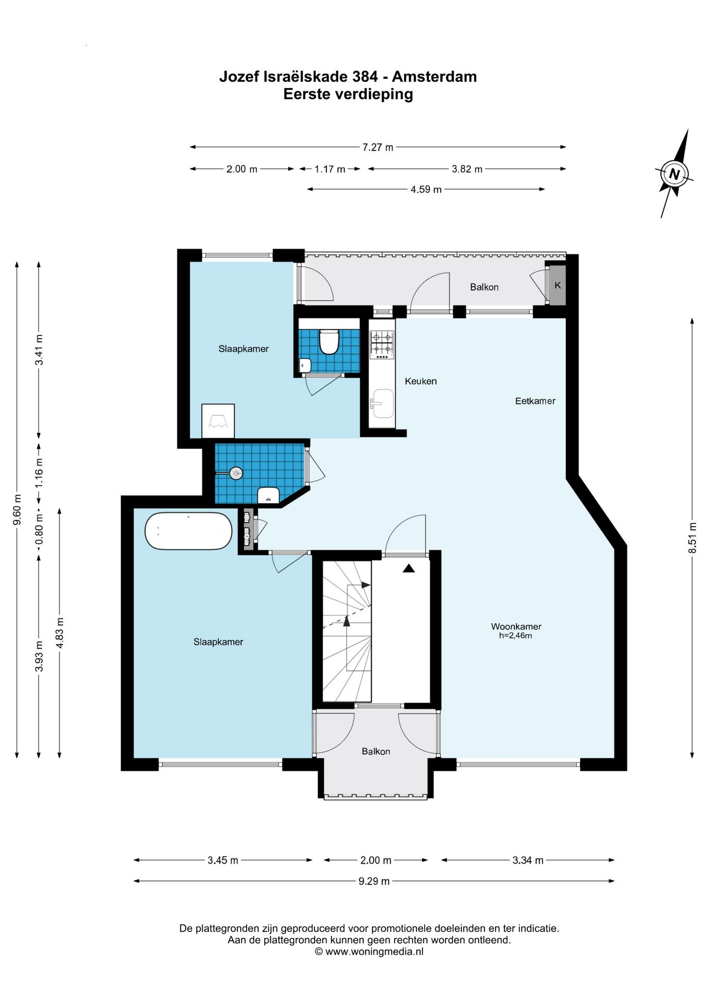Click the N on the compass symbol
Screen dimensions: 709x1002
[674, 174]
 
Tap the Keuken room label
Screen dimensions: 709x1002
[421, 381]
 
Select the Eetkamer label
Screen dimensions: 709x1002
[535, 401]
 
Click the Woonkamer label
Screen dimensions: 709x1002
[516, 626]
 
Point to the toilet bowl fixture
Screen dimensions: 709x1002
[329, 342]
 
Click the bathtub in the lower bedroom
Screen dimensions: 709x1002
[188, 531]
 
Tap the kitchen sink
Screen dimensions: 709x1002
[382, 403]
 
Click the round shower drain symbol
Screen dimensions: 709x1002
[237, 473]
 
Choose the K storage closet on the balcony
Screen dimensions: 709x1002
[558, 285]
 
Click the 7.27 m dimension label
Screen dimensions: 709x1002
[378, 147]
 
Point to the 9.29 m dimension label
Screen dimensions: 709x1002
[374, 881]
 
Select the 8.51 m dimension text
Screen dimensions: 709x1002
[692, 538]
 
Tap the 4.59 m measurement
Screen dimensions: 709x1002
[426, 189]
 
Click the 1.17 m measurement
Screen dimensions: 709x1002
[330, 169]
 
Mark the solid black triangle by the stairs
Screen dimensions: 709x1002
[409, 568]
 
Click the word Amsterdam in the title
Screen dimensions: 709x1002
[434, 77]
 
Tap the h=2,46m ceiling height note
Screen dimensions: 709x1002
[516, 636]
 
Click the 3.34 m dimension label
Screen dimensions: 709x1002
[528, 860]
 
